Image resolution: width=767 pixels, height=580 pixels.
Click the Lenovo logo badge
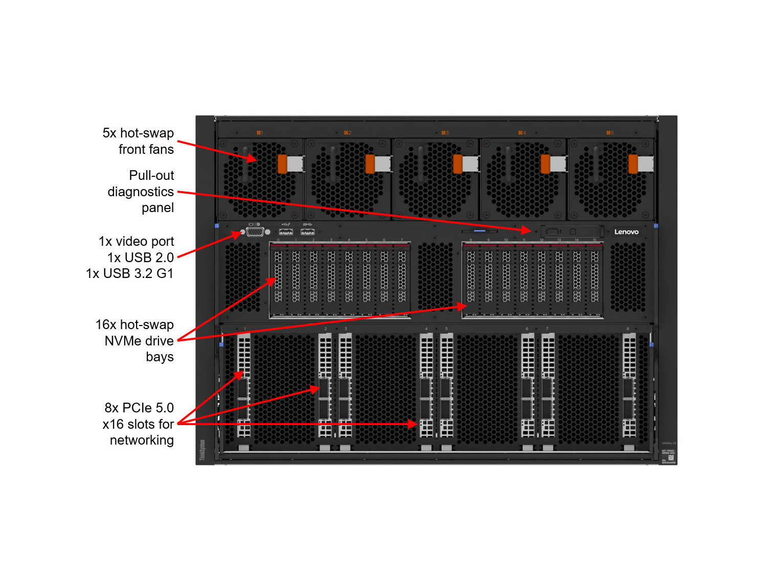pos(626,231)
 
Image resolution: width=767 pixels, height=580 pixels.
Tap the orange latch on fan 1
pos(282,164)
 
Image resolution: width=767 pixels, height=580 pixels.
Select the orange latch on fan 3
pos(458,164)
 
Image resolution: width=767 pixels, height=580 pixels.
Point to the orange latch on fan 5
pos(633,164)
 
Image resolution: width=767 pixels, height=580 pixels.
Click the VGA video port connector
pos(255,232)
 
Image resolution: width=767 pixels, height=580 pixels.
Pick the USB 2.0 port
pos(286,232)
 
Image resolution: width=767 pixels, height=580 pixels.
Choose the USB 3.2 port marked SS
pos(307,232)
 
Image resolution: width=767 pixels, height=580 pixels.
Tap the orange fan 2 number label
pos(347,133)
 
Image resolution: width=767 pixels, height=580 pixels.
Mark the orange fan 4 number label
pos(522,133)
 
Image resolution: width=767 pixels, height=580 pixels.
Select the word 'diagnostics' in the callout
pos(141,192)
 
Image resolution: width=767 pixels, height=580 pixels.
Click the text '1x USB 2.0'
pos(141,258)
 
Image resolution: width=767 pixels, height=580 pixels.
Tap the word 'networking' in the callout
pos(142,440)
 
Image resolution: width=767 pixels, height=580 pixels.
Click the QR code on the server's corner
pos(671,457)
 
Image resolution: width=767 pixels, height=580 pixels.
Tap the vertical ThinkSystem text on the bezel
pos(202,450)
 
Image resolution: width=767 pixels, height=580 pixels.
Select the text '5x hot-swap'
pos(138,133)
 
